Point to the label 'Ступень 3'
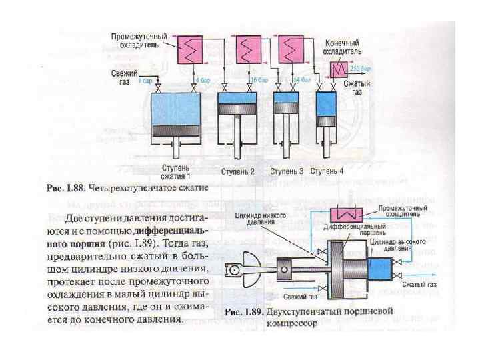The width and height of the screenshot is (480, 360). click(x=287, y=171)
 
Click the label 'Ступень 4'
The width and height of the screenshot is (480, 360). click(x=327, y=171)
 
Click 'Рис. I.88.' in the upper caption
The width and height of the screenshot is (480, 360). click(x=63, y=189)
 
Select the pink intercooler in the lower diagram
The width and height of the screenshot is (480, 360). click(x=348, y=215)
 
